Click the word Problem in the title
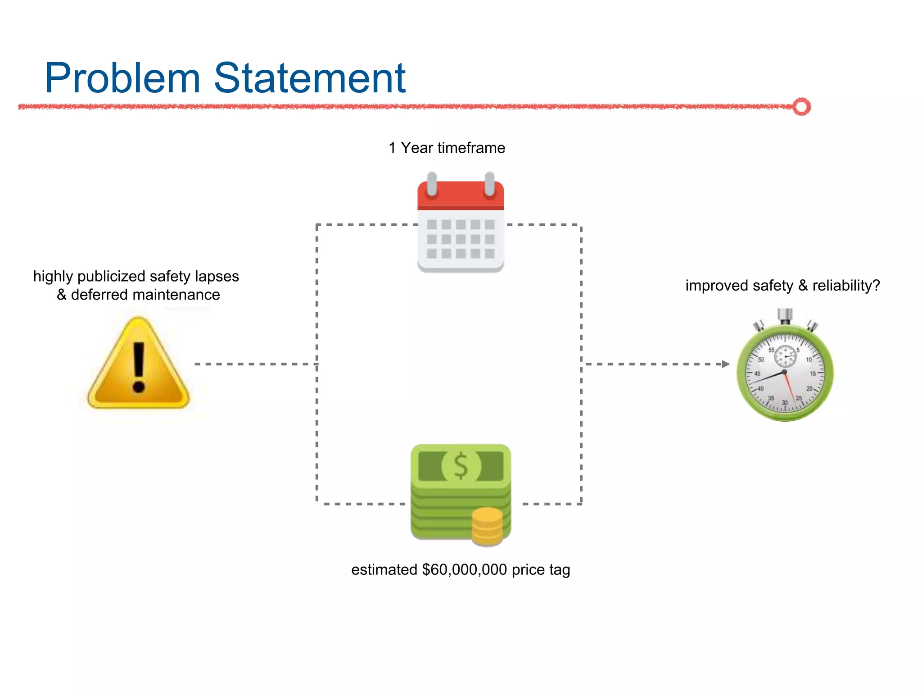[122, 79]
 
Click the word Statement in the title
[310, 79]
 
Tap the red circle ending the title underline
[801, 107]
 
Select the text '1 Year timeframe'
[447, 148]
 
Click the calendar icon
[461, 225]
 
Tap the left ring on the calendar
[432, 185]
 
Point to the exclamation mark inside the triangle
[139, 367]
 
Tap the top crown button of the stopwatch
[785, 315]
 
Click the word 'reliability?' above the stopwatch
[846, 286]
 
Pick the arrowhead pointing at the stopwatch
[725, 364]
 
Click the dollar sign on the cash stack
[461, 466]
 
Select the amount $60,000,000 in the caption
[465, 570]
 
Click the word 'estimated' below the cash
[384, 570]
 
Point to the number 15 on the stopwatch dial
[813, 373]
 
